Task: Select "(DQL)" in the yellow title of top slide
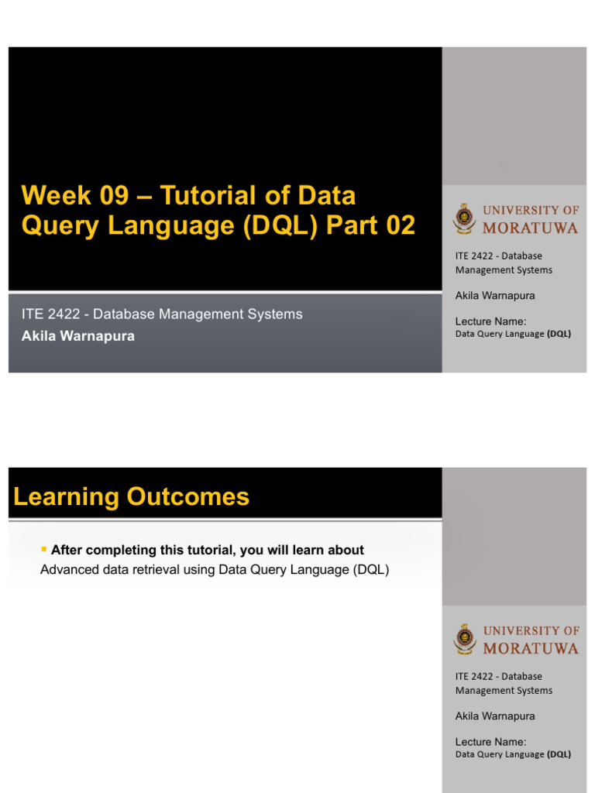click(284, 225)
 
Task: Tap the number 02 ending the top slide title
click(399, 225)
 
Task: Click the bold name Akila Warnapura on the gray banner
click(78, 336)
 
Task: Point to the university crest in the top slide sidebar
click(465, 218)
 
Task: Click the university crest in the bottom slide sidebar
click(465, 639)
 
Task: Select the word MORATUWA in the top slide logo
click(530, 228)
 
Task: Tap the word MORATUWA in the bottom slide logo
click(530, 648)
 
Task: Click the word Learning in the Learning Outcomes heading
click(67, 497)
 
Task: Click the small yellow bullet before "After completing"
click(43, 549)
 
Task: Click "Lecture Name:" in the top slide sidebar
click(491, 321)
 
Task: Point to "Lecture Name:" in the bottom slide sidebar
click(491, 742)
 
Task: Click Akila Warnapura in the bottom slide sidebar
click(495, 716)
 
